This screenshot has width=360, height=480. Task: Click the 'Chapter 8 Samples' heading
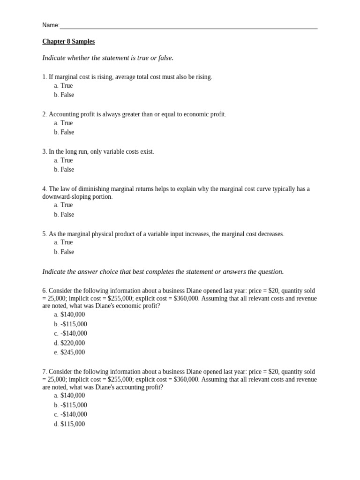click(68, 42)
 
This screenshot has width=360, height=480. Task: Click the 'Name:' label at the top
click(51, 25)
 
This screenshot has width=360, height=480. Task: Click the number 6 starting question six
click(44, 291)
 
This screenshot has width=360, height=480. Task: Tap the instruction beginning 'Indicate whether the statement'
click(108, 58)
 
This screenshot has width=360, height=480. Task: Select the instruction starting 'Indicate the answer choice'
click(163, 272)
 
